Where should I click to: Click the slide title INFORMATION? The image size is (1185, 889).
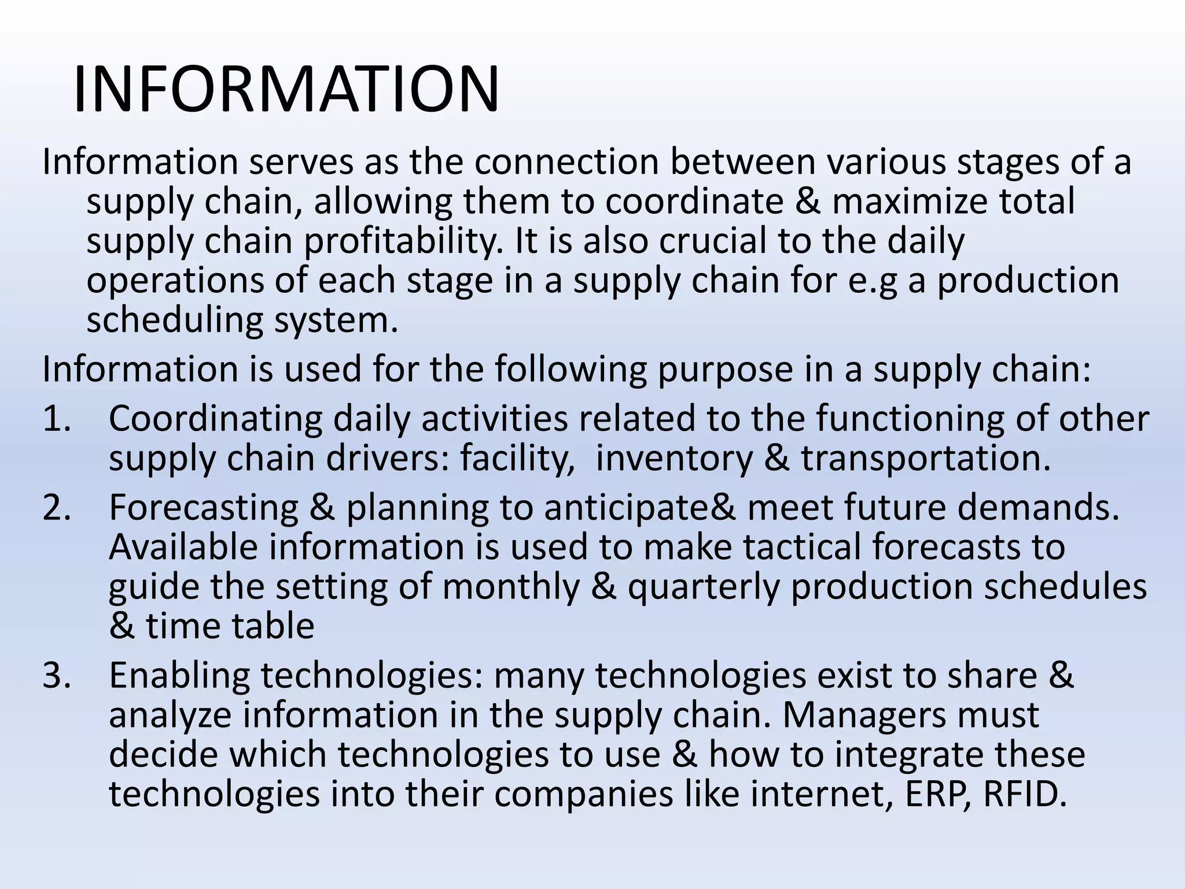tap(286, 90)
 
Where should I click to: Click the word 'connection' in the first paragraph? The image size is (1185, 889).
tap(566, 162)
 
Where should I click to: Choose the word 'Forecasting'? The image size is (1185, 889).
tap(204, 508)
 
